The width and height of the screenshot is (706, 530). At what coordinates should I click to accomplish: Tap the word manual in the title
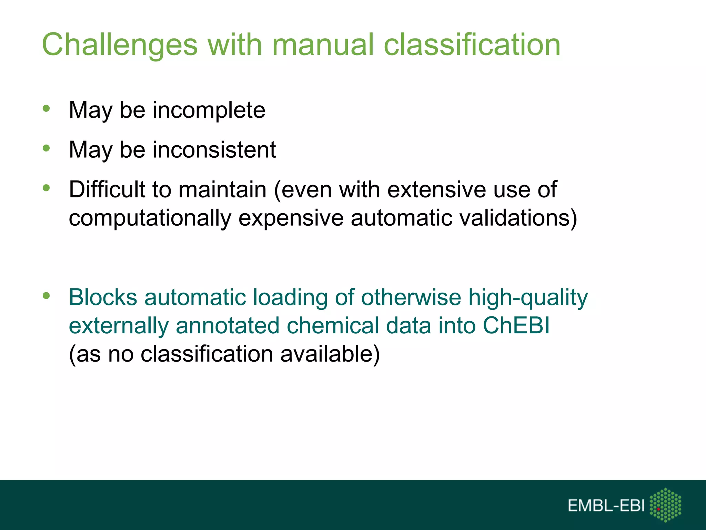pyautogui.click(x=323, y=45)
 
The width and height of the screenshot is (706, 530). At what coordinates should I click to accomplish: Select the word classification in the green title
pyautogui.click(x=472, y=45)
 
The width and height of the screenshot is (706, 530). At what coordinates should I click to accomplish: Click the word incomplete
pyautogui.click(x=209, y=110)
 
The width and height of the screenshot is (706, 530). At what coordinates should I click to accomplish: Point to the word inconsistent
pyautogui.click(x=214, y=150)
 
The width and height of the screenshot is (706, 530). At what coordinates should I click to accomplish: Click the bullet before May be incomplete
pyautogui.click(x=46, y=109)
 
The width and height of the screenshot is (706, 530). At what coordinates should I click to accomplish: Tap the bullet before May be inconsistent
pyautogui.click(x=46, y=149)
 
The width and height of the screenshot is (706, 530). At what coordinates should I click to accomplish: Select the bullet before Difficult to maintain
pyautogui.click(x=46, y=188)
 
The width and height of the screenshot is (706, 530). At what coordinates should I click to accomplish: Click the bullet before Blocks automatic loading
pyautogui.click(x=46, y=296)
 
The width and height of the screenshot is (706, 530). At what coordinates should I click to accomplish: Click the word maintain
pyautogui.click(x=222, y=190)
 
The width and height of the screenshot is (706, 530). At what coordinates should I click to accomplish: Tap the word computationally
pyautogui.click(x=150, y=218)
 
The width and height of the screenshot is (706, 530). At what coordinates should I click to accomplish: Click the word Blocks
pyautogui.click(x=103, y=297)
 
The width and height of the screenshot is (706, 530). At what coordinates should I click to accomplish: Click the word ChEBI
pyautogui.click(x=516, y=326)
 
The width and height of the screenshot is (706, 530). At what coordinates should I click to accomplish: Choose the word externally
pyautogui.click(x=119, y=326)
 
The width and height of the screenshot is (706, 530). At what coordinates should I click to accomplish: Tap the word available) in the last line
pyautogui.click(x=330, y=354)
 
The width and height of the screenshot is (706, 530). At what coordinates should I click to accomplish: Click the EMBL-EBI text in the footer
pyautogui.click(x=606, y=506)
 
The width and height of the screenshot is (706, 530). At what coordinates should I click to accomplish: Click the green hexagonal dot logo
pyautogui.click(x=665, y=505)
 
